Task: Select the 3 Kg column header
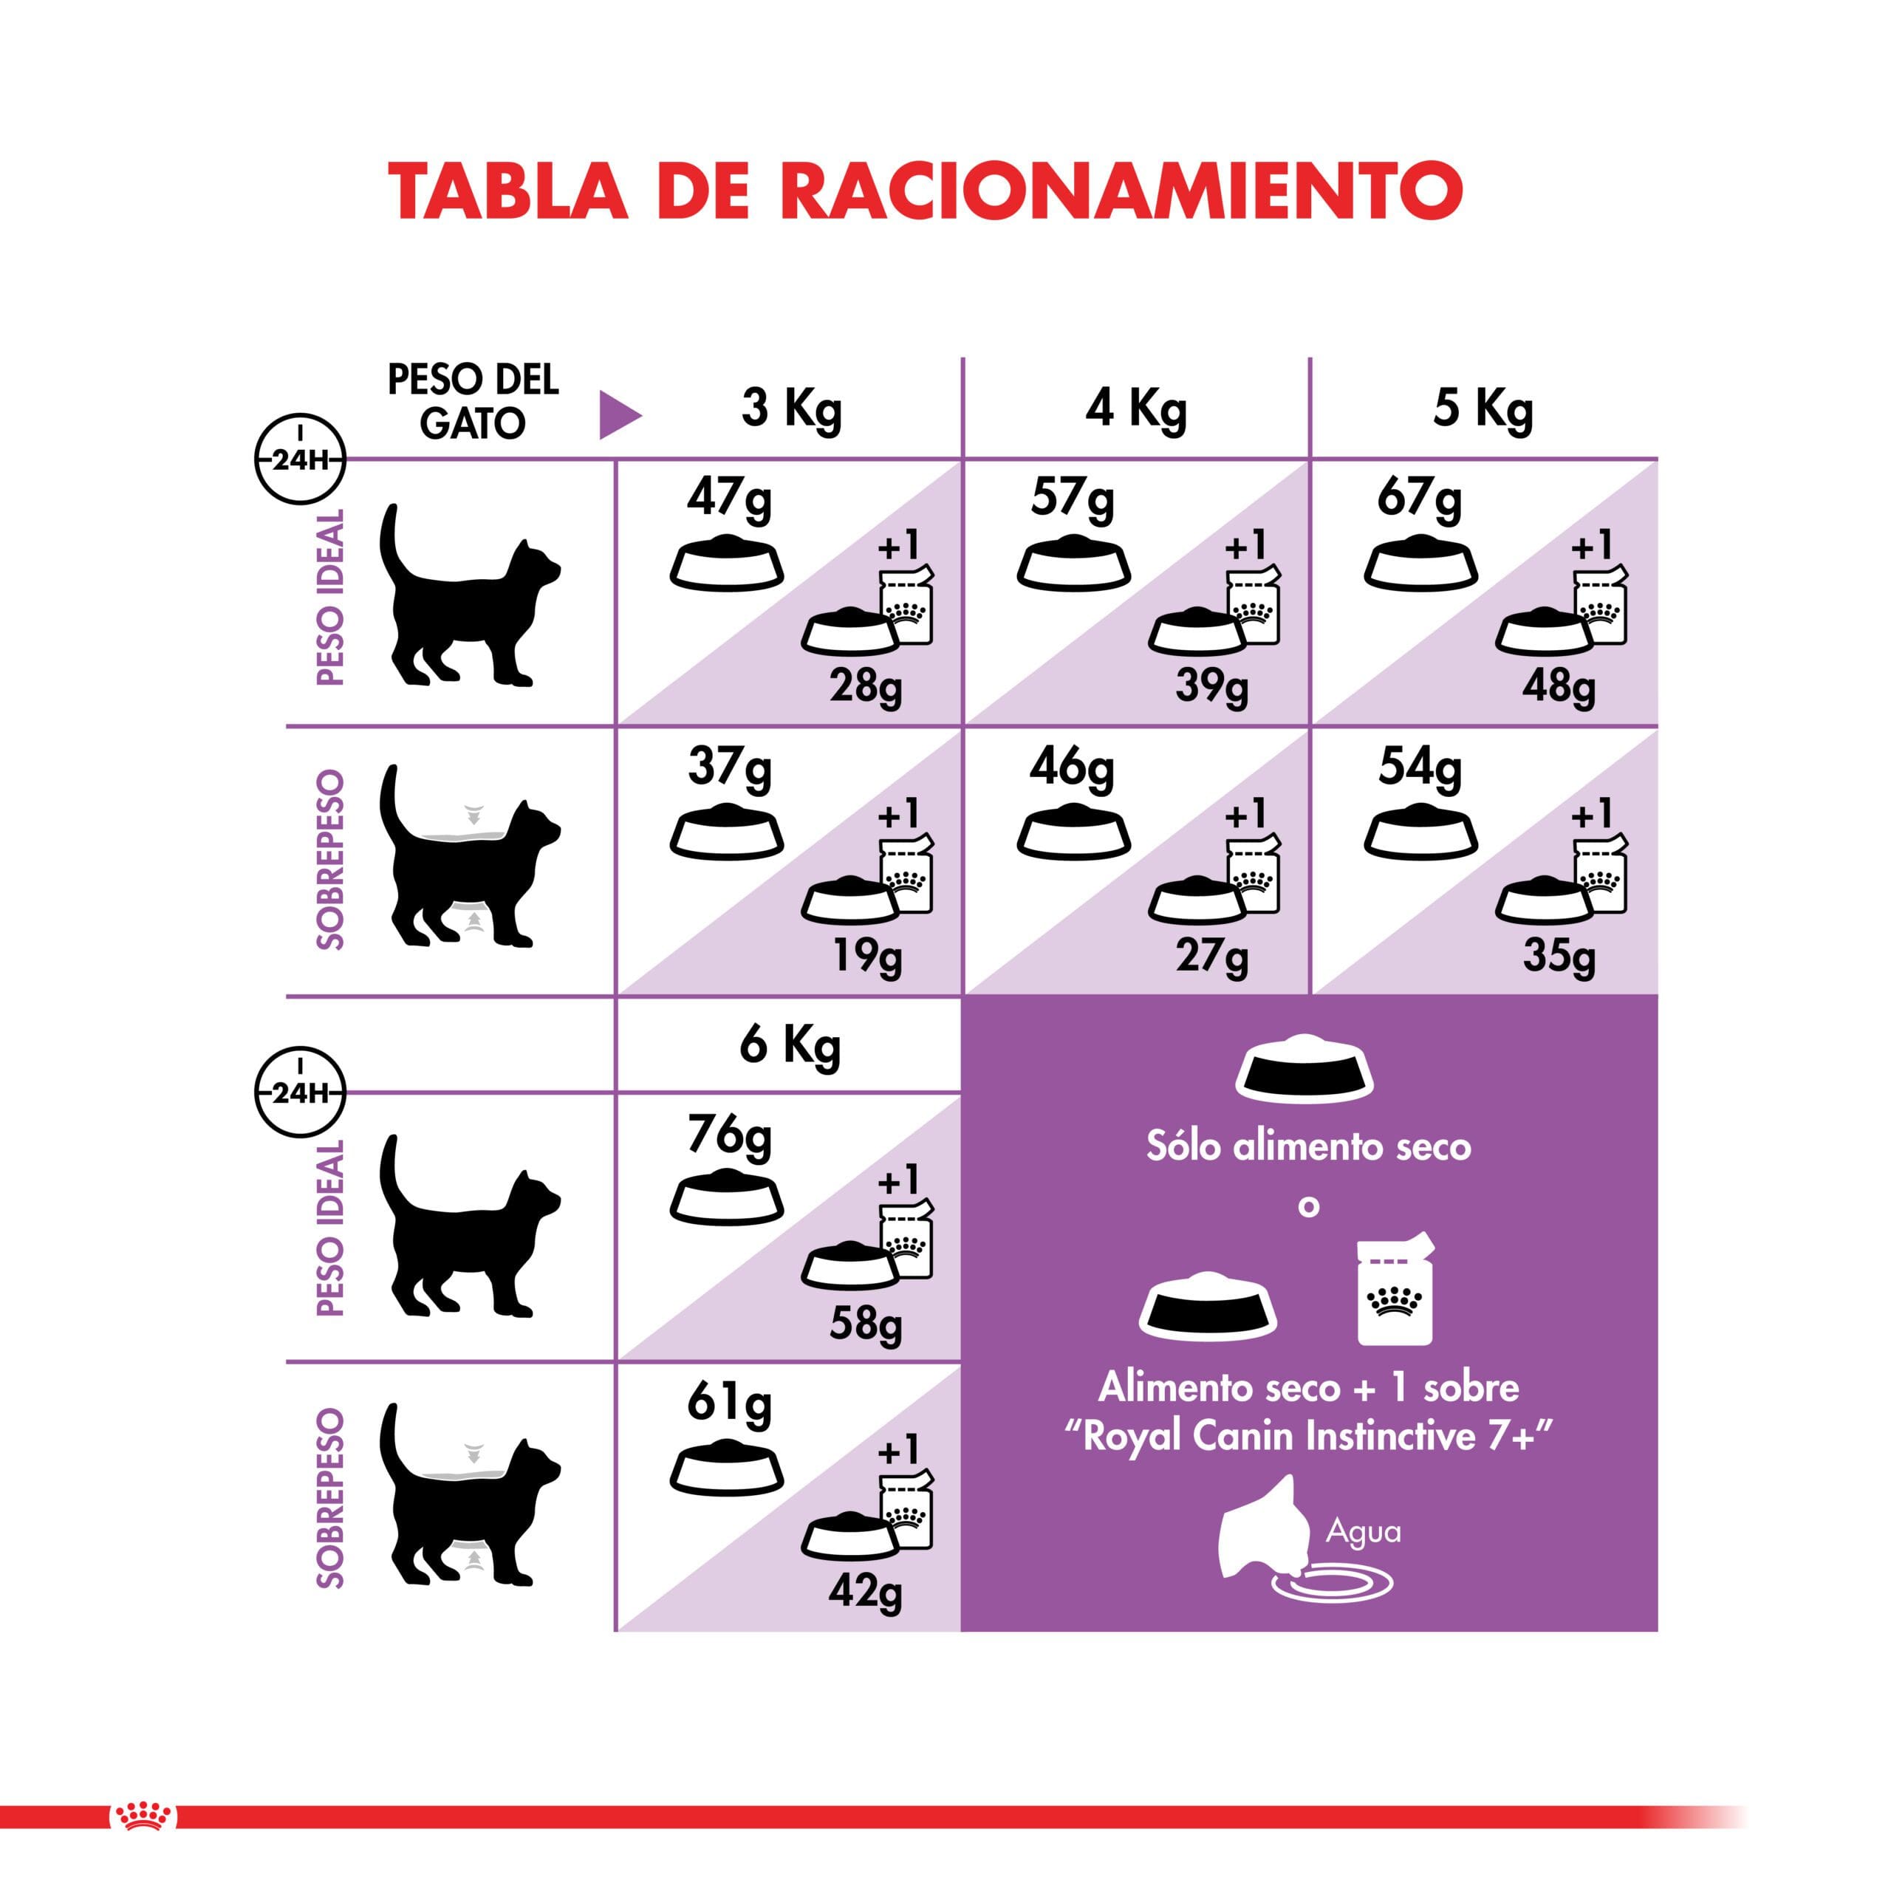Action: (x=791, y=409)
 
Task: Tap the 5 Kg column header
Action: (x=1483, y=409)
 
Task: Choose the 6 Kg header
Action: (x=790, y=1046)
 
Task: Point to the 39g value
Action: (x=1211, y=686)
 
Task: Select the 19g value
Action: (x=867, y=955)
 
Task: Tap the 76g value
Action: (x=729, y=1136)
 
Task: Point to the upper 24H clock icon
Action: (x=299, y=458)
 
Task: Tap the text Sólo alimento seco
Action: (x=1309, y=1147)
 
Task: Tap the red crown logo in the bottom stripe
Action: (x=144, y=1816)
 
